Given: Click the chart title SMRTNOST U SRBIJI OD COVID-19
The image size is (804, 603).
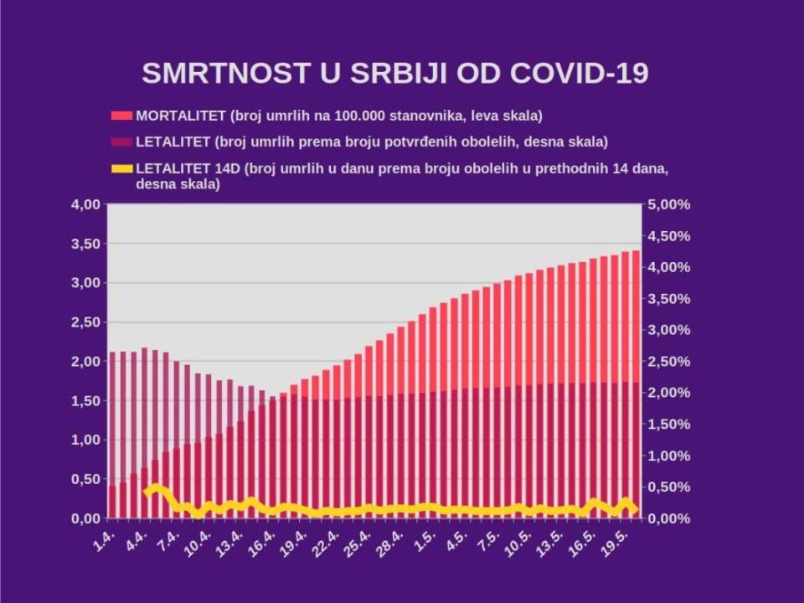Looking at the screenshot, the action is click(394, 73).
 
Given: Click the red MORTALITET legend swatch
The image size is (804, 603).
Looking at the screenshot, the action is click(122, 116).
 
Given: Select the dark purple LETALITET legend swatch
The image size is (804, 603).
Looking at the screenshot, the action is click(122, 142).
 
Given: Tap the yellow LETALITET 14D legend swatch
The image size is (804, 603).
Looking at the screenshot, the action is click(122, 168).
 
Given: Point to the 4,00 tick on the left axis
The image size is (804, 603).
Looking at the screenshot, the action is click(85, 204).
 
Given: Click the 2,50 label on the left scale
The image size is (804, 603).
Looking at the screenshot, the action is click(85, 322).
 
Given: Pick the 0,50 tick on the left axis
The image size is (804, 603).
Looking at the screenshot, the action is click(85, 479).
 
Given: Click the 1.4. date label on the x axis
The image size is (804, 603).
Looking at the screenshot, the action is click(105, 540).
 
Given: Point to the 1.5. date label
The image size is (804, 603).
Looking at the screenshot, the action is click(425, 540).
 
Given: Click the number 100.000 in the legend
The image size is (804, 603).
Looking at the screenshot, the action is click(359, 116).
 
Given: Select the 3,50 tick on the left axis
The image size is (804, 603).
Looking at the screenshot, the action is click(85, 244).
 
